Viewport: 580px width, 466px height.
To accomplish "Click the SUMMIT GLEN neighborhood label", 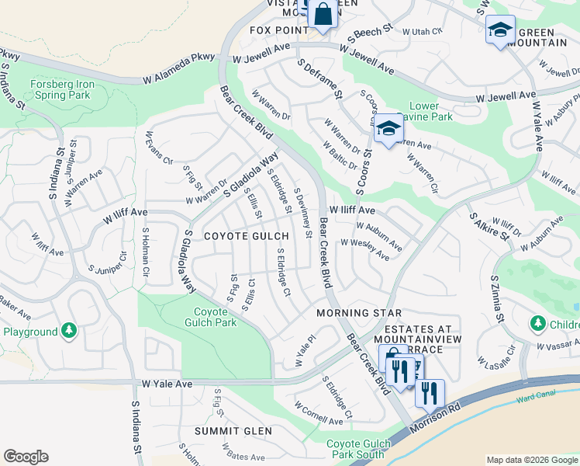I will (x=233, y=431).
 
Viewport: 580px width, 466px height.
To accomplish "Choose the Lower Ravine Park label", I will (x=430, y=111).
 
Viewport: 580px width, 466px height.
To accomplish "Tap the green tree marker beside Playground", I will (x=70, y=332).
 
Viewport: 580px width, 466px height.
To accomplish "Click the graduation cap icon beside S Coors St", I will (x=388, y=129).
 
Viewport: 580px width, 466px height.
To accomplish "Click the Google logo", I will (x=26, y=457).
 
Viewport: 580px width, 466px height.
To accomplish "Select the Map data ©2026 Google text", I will (x=531, y=460).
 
